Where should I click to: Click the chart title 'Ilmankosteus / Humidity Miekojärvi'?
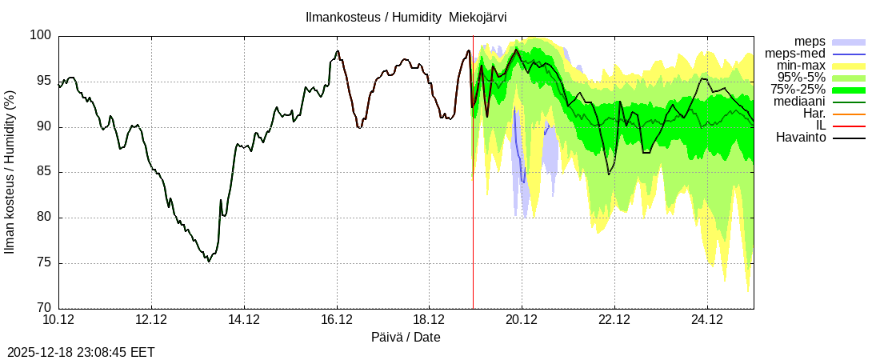click(406, 17)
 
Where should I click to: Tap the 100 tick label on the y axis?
click(42, 36)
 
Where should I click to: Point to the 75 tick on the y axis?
click(43, 263)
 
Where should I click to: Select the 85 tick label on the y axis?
click(43, 172)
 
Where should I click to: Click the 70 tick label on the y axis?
click(43, 309)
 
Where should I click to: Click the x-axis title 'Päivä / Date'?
click(406, 338)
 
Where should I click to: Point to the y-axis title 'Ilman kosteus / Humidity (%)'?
click(10, 172)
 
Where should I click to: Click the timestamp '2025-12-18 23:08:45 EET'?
click(81, 352)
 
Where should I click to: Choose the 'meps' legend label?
click(810, 42)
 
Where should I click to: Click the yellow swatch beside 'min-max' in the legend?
click(849, 66)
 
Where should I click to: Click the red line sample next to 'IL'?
click(849, 126)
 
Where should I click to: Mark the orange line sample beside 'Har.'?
click(849, 114)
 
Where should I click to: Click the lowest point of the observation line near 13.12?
click(209, 262)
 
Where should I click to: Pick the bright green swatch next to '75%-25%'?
click(849, 90)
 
